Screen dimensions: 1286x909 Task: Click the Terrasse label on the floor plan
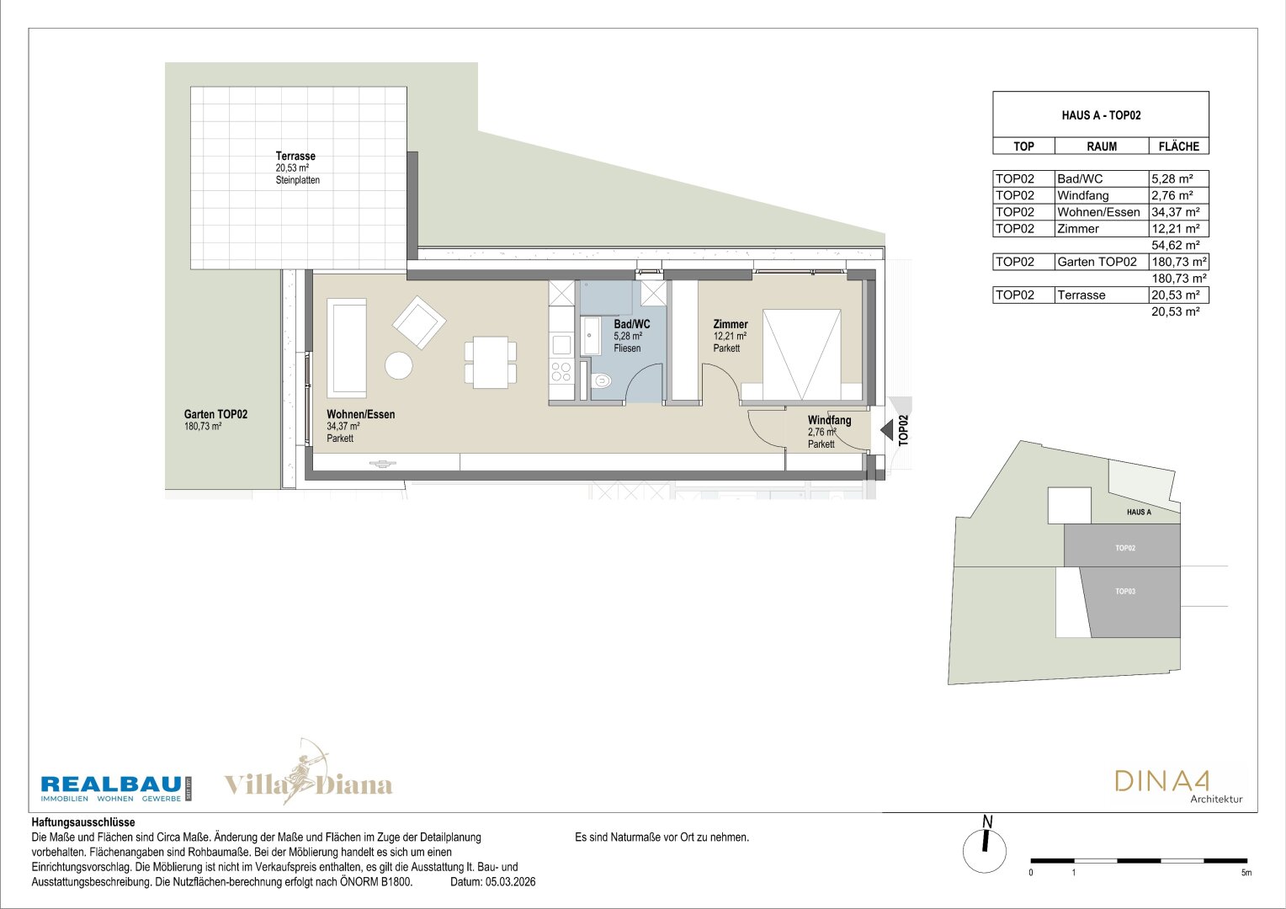pyautogui.click(x=295, y=156)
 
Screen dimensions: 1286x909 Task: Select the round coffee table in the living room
pyautogui.click(x=398, y=365)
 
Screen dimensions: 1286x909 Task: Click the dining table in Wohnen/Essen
pyautogui.click(x=491, y=362)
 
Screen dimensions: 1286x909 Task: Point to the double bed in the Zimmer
pyautogui.click(x=801, y=354)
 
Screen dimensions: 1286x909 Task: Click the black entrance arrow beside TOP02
pyautogui.click(x=886, y=429)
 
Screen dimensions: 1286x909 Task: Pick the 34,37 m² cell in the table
pyautogui.click(x=1175, y=212)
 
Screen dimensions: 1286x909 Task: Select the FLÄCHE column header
pyautogui.click(x=1178, y=146)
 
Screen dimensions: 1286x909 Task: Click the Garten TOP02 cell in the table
pyautogui.click(x=1097, y=262)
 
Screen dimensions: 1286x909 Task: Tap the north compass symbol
pyautogui.click(x=985, y=847)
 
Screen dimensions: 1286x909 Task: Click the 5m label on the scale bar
pyautogui.click(x=1246, y=873)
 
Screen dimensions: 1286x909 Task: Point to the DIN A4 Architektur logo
pyautogui.click(x=1178, y=787)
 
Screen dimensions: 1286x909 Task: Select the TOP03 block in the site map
pyautogui.click(x=1129, y=602)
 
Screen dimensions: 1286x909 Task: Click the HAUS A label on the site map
pyautogui.click(x=1139, y=513)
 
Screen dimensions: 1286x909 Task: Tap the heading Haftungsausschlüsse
pyautogui.click(x=83, y=822)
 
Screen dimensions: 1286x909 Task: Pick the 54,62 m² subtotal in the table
pyautogui.click(x=1175, y=245)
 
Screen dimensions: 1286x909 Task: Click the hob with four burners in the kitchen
pyautogui.click(x=561, y=371)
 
